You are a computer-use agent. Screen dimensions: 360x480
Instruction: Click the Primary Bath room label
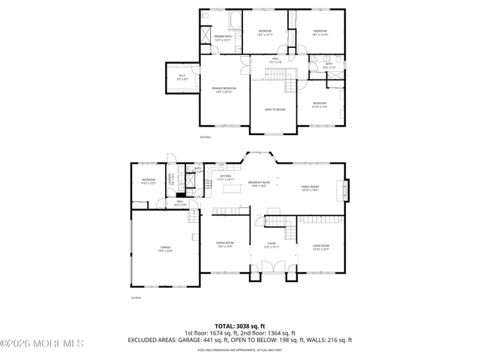coord(223,38)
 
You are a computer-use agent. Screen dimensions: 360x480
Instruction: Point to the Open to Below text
coord(274,110)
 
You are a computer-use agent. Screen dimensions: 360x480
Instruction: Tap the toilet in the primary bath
coord(208,34)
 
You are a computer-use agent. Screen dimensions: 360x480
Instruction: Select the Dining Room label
coord(225,244)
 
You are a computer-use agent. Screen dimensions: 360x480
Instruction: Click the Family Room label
coord(310,188)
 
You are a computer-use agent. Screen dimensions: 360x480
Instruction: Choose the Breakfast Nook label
coord(260,184)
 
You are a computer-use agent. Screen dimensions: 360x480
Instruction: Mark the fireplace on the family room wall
coord(346,189)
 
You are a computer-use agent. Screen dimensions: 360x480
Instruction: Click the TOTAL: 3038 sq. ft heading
coord(240,325)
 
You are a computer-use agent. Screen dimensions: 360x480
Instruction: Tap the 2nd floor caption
coord(205,137)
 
